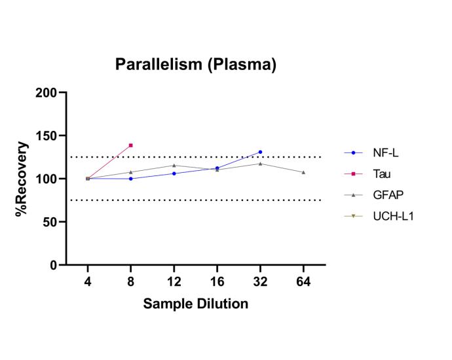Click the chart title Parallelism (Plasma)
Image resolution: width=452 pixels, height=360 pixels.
point(195,64)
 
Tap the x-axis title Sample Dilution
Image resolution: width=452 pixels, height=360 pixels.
point(195,304)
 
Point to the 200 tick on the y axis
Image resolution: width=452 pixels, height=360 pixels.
point(47,93)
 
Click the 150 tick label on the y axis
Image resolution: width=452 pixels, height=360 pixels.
point(47,136)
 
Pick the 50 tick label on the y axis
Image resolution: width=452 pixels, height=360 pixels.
point(50,222)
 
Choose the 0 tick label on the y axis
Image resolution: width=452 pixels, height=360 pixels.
point(54,265)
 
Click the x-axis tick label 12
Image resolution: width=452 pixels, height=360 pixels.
point(174,281)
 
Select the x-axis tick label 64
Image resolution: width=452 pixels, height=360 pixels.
point(303,281)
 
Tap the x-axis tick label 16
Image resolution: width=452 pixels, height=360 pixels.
point(217,281)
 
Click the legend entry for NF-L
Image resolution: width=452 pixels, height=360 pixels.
point(385,153)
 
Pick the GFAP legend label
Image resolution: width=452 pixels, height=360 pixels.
point(387,195)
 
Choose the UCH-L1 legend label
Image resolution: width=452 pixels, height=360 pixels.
point(390,216)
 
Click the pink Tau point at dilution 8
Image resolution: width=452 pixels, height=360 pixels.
point(131,145)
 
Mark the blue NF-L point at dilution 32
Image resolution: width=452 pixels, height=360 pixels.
point(260,152)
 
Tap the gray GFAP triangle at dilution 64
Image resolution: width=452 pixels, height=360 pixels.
point(303,172)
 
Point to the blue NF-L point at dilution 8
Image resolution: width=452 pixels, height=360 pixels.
point(131,179)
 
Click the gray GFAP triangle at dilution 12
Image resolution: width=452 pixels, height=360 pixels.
point(174,165)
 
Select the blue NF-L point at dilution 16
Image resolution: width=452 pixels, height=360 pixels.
point(217,168)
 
